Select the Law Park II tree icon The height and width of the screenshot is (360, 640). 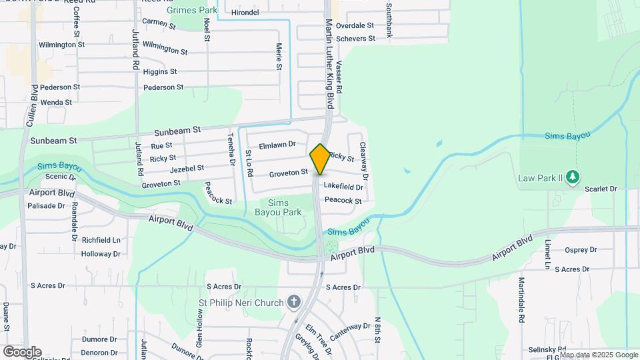click(x=573, y=178)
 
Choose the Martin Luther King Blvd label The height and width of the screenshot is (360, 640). click(x=329, y=64)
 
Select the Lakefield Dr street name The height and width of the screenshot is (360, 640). click(x=343, y=187)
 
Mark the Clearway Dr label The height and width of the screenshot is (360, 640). click(x=364, y=161)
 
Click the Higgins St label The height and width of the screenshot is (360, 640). click(x=160, y=71)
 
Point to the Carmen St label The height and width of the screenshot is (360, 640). click(x=159, y=24)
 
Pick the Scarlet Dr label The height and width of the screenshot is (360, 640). click(x=601, y=189)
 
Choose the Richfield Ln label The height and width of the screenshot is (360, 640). click(x=101, y=239)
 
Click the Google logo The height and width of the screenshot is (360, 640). click(x=22, y=352)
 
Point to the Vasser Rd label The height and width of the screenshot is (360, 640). click(x=339, y=77)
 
